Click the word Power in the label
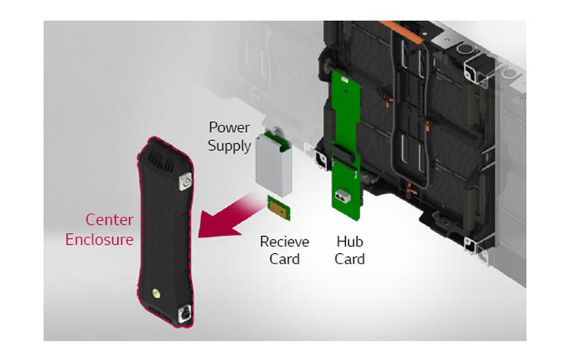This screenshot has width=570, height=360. click(x=229, y=128)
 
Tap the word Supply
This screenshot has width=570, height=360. click(x=229, y=146)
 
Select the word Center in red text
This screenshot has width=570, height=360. click(x=109, y=220)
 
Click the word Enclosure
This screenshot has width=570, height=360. click(x=99, y=240)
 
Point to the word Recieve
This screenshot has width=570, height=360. click(x=284, y=242)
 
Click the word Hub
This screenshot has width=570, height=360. click(x=350, y=242)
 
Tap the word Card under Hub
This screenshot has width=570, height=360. click(x=350, y=259)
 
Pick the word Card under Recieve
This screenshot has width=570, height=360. click(x=284, y=259)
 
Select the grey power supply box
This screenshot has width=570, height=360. click(x=273, y=166)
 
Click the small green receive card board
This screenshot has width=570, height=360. click(x=279, y=208)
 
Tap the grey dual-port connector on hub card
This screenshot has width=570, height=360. click(x=342, y=196)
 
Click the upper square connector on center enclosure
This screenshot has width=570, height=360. click(x=186, y=181)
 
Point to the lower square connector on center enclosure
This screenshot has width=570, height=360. click(x=186, y=313)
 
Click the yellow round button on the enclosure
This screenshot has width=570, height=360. click(x=157, y=293)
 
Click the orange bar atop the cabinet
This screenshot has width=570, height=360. click(x=402, y=32)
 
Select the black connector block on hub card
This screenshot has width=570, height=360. click(x=344, y=154)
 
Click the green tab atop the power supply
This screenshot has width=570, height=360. click(x=278, y=140)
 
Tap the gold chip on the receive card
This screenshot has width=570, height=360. click(x=279, y=210)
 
